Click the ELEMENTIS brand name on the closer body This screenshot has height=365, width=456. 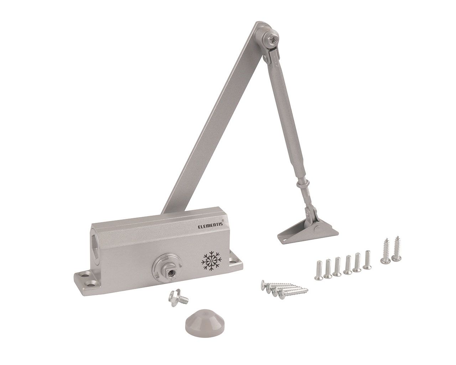tap(210, 226)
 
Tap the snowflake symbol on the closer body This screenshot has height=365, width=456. tap(211, 261)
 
